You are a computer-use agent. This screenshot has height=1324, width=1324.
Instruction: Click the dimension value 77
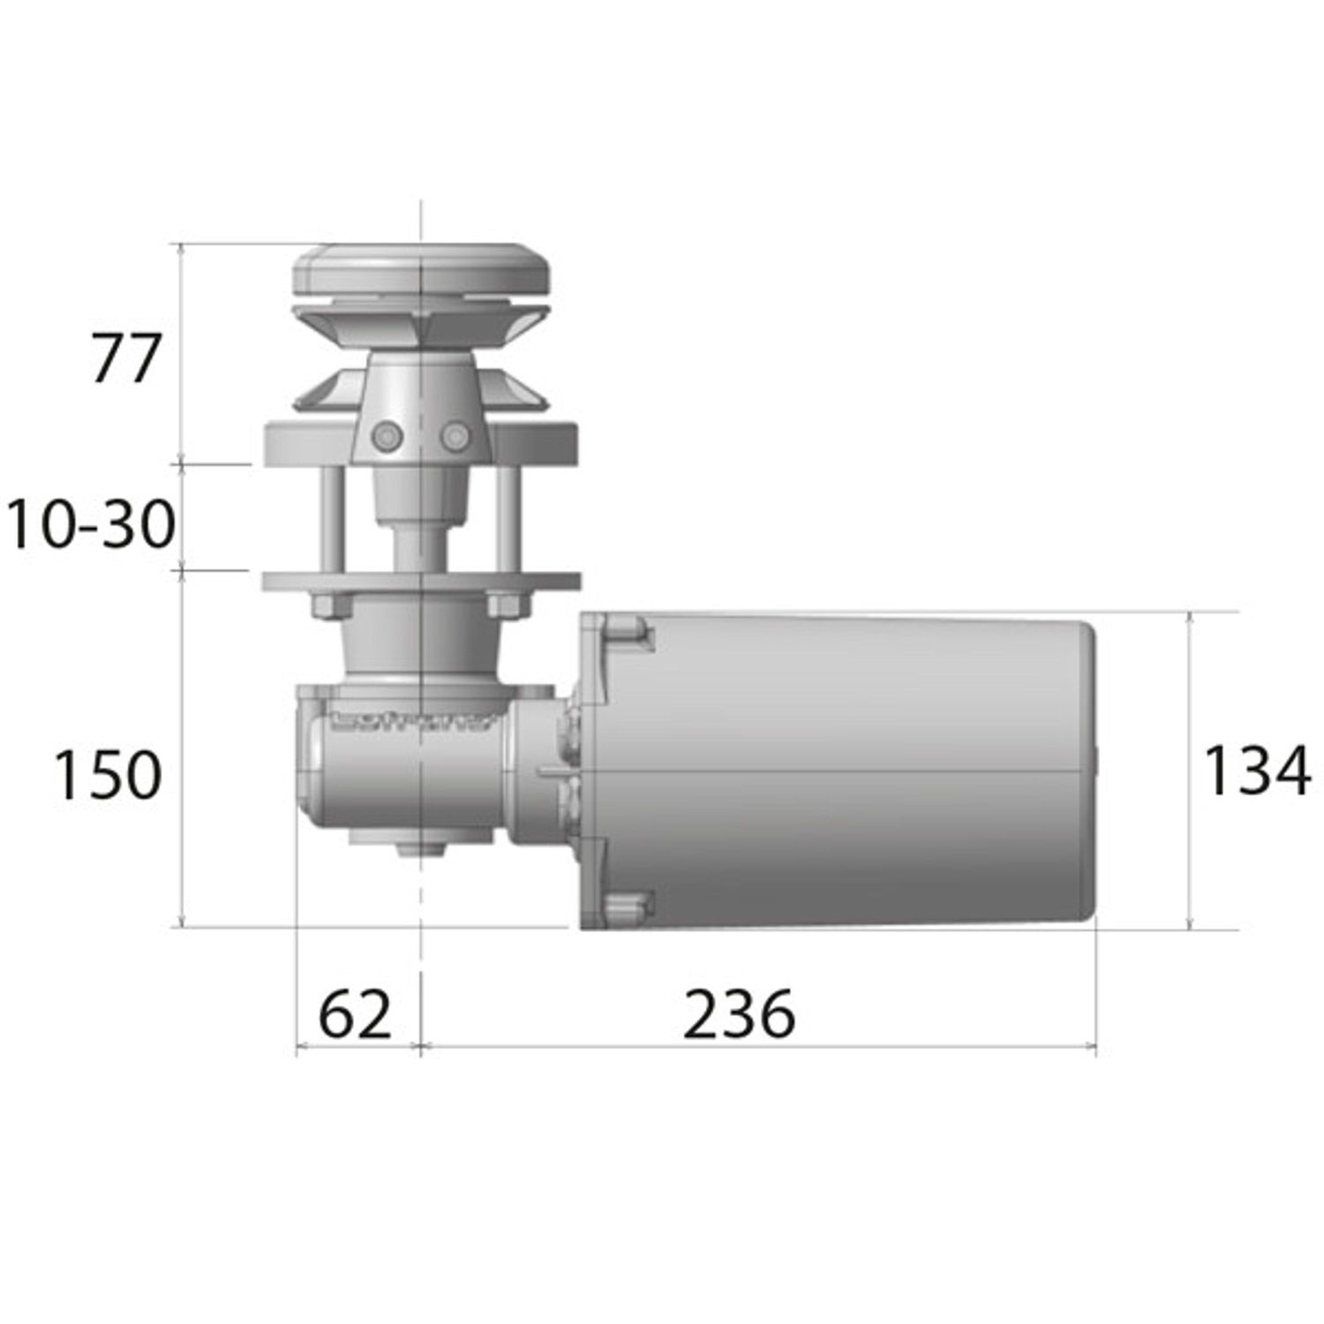click(126, 358)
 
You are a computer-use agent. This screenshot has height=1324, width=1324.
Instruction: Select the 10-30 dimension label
click(90, 524)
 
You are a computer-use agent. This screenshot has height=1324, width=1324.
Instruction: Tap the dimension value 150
click(108, 776)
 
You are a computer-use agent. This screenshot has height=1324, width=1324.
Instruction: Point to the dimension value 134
click(1256, 771)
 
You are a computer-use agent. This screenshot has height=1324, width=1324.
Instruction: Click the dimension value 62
click(354, 1015)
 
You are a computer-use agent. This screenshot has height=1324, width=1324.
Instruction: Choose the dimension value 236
click(739, 1015)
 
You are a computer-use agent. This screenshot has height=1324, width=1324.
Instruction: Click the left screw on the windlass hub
click(387, 436)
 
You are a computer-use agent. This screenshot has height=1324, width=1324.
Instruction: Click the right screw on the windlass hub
click(455, 434)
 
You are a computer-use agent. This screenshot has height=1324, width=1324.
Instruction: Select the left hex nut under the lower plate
click(332, 606)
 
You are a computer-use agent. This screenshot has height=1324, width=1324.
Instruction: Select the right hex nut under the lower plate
click(507, 606)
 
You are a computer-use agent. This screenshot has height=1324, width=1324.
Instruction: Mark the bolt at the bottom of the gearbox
click(421, 849)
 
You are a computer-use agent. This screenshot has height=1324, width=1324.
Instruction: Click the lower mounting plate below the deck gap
click(422, 582)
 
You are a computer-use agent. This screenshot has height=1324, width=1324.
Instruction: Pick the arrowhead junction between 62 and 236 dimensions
click(421, 1048)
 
